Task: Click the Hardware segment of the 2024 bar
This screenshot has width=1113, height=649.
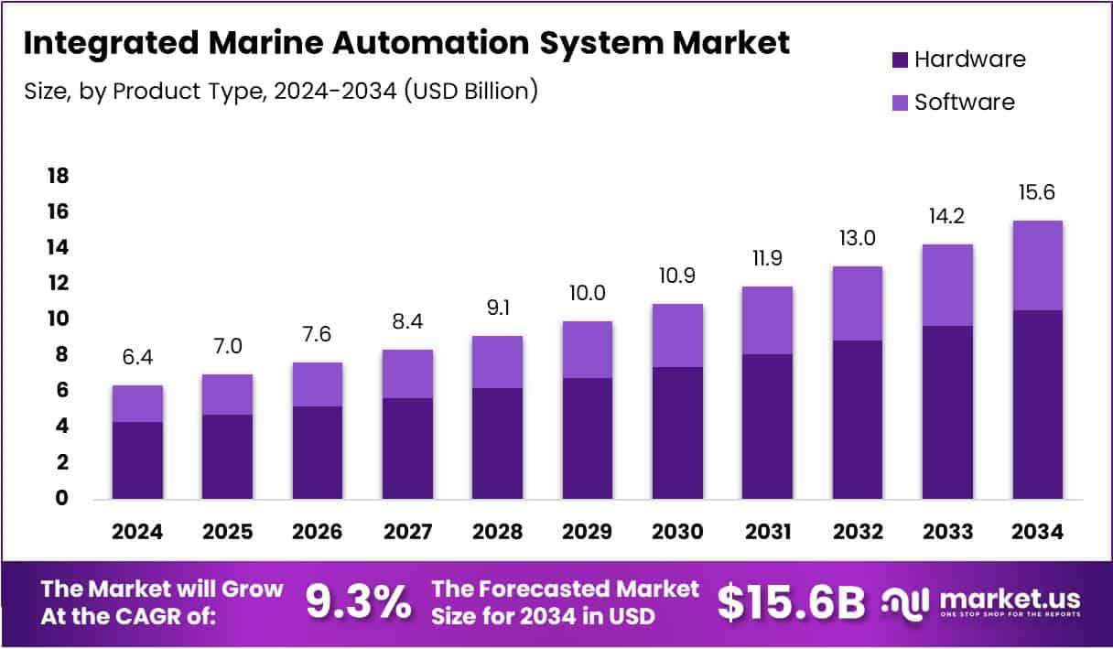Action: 137,460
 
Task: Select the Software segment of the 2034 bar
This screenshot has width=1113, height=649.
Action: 1038,265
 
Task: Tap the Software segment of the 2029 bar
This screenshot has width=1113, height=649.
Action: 588,350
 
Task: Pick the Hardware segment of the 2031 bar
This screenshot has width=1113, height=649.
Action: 768,426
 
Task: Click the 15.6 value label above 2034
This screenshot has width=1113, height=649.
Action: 1038,193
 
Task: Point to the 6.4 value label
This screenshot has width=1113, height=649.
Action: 137,358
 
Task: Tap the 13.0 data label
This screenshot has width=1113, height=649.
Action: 858,239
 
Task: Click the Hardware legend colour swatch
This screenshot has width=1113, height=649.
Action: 899,60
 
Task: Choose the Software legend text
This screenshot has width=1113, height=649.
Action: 965,102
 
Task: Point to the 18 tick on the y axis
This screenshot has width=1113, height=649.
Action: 58,176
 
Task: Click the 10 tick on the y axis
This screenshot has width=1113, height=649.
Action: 58,319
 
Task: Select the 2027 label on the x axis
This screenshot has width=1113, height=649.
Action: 407,532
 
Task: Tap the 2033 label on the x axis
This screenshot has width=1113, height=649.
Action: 947,532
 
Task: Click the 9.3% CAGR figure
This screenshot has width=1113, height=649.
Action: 358,601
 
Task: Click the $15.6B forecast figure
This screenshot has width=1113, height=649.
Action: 791,601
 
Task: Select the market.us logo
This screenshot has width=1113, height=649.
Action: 980,601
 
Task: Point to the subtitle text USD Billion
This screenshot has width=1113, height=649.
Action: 469,92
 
